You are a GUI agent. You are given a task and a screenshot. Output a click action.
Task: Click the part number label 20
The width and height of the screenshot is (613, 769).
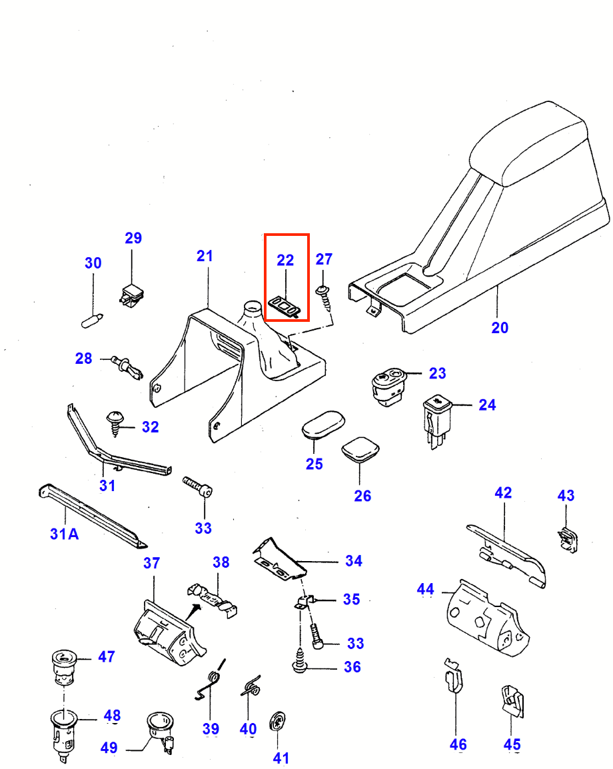coord(500,327)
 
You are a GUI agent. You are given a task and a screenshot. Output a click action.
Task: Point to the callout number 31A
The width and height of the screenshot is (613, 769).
coord(65,534)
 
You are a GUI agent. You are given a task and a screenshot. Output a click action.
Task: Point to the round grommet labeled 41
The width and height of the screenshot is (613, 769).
coord(277,722)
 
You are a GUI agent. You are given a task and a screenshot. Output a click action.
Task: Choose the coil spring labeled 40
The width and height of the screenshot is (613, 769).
coord(250,686)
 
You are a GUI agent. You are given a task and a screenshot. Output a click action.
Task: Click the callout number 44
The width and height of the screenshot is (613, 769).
coord(425,589)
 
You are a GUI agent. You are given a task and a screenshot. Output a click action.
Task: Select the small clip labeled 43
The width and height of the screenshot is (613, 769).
coord(567,539)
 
